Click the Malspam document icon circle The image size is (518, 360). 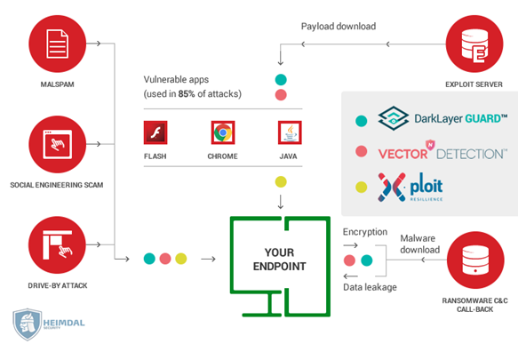tap(58, 44)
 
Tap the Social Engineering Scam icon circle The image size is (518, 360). tap(58, 144)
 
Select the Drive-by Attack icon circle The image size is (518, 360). tap(58, 244)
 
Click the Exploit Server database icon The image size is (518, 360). tap(474, 44)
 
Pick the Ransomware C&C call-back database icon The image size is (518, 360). tap(475, 260)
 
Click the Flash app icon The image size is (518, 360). tap(155, 132)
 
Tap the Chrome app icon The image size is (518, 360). tap(223, 132)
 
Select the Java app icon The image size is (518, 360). tap(290, 132)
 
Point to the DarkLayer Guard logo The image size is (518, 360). tap(442, 118)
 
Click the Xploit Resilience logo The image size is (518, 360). tap(410, 187)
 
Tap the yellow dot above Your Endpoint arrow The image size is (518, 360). tap(281, 182)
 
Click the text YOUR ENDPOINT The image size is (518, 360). tap(280, 260)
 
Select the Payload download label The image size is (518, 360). tap(339, 27)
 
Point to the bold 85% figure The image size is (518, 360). tap(187, 94)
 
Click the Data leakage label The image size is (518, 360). tap(370, 287)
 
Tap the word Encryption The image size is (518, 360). tap(365, 232)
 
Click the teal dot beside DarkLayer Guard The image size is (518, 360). tap(361, 121)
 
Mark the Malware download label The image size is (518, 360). tap(420, 244)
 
